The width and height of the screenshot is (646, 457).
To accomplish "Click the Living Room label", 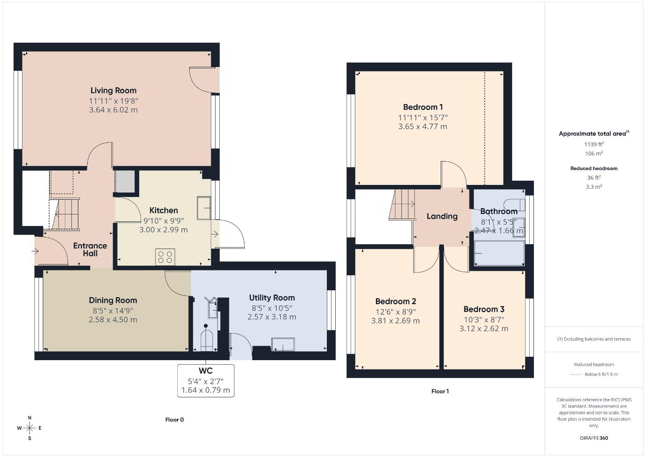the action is (113, 91).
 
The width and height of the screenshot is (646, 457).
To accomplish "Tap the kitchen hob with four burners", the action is (165, 256).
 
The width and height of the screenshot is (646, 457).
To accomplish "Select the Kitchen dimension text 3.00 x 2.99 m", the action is (163, 230).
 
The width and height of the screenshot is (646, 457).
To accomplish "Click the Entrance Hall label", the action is (90, 249).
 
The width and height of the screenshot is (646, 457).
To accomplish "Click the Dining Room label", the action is (113, 300).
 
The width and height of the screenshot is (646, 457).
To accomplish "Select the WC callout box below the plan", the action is (206, 380).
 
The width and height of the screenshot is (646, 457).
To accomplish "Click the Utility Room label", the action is (272, 297).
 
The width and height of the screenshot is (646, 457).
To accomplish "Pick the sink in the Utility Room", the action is (283, 344).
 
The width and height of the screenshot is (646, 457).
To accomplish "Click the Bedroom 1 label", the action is (423, 107).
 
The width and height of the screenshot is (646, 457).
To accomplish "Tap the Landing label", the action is (442, 216).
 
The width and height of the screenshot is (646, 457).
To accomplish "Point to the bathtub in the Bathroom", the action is (499, 253).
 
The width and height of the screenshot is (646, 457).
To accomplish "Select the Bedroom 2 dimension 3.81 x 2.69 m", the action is (395, 321).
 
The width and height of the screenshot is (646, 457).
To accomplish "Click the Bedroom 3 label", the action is (484, 309).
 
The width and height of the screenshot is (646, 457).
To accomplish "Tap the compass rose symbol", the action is (29, 428).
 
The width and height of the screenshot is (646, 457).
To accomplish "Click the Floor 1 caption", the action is (440, 391).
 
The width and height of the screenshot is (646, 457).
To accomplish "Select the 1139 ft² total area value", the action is (594, 144).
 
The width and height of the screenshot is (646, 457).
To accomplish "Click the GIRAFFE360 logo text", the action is (594, 438).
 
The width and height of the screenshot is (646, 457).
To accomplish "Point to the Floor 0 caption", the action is (174, 419).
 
